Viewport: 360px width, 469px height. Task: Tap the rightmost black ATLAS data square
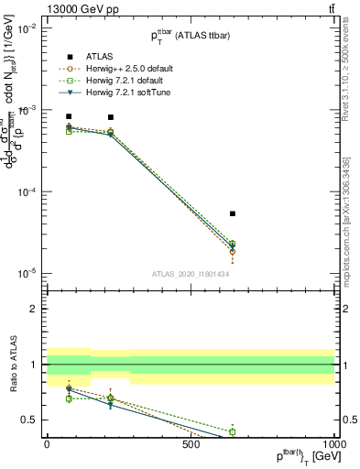click(233, 213)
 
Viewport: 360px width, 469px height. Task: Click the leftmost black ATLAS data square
click(70, 117)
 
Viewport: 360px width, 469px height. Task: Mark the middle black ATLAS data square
click(111, 117)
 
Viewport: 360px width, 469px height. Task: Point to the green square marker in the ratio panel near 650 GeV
click(233, 431)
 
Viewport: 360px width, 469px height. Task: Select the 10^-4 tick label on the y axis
click(27, 192)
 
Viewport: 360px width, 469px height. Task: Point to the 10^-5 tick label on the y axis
click(27, 274)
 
